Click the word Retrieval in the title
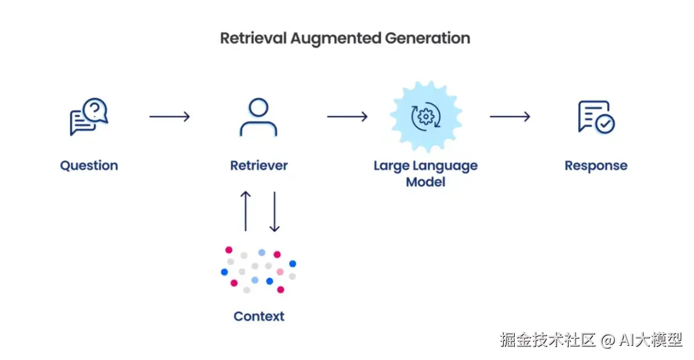pos(253,38)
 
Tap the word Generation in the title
pos(427,38)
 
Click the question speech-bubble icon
pos(89,117)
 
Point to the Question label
pos(89,166)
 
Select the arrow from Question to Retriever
pos(170,116)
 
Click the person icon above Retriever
pos(258,116)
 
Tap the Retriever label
pos(259,166)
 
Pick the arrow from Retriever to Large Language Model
pos(347,116)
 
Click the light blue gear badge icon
pos(425,116)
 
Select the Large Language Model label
pos(425,174)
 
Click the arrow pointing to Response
pos(510,116)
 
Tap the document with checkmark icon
pos(596,117)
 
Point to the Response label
pos(596,166)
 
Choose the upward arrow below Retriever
pos(245,210)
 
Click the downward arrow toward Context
pos(274,210)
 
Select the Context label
pos(259,316)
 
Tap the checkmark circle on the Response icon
pos(605,124)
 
